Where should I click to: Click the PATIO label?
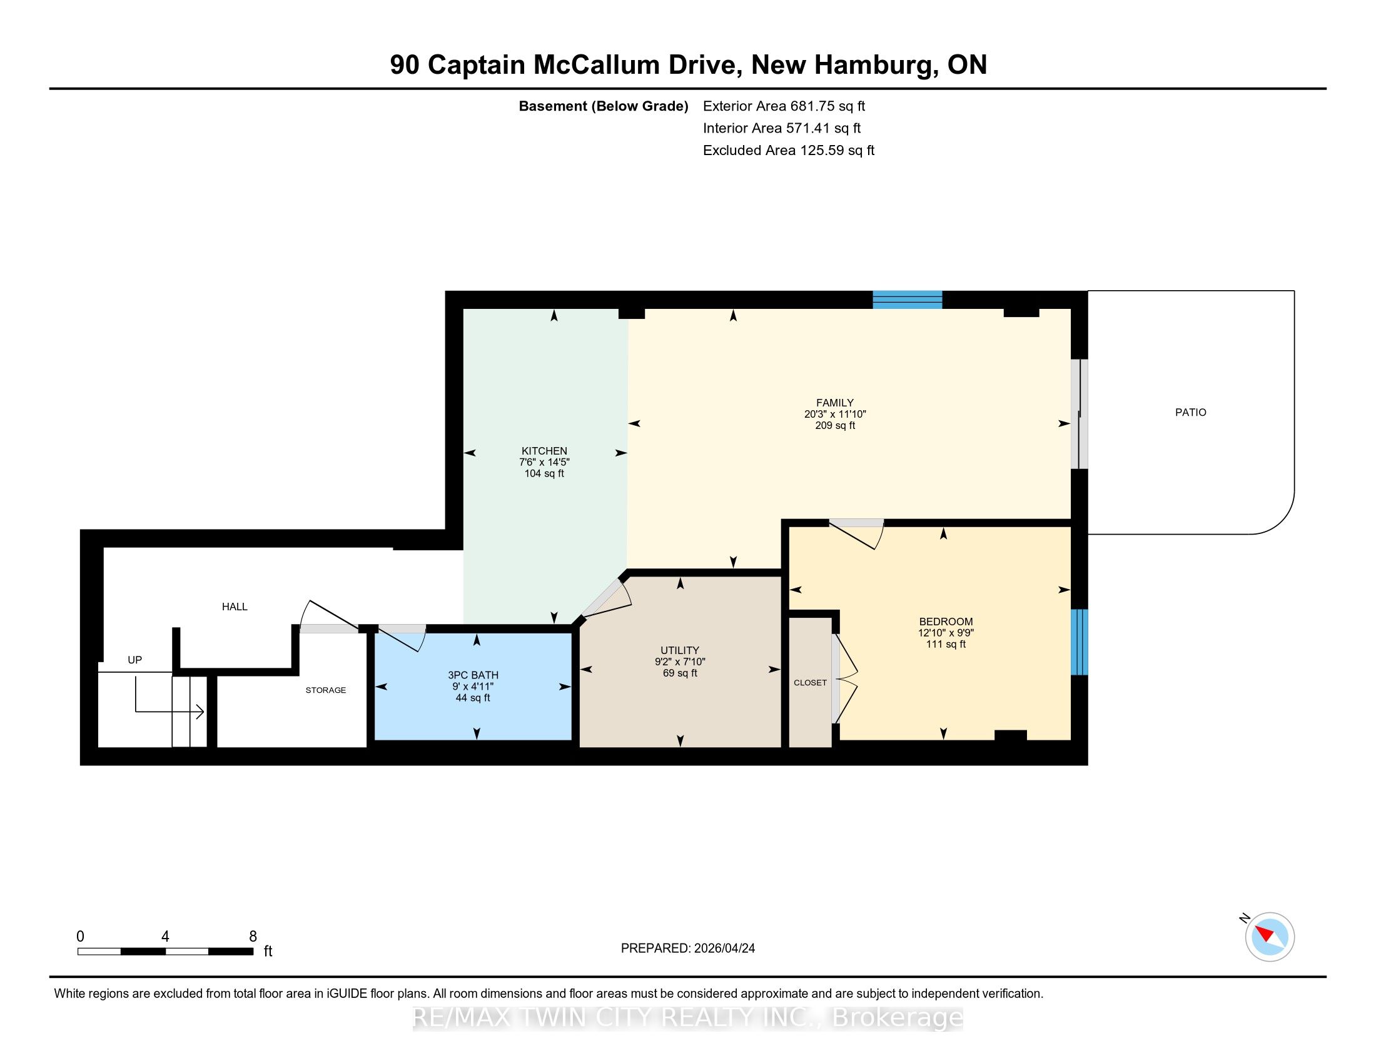coord(1190,413)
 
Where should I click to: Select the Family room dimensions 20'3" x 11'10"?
coord(835,415)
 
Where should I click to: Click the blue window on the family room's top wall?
coord(908,300)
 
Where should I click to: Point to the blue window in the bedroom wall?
coord(1080,642)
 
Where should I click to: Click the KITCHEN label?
coord(544,451)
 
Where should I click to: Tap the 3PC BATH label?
coord(473,675)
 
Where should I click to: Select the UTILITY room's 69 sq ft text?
coord(680,673)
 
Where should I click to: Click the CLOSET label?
coord(810,683)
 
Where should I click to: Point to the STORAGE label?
coord(326,690)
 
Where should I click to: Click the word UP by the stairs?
coord(135,660)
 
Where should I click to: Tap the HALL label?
coord(235,607)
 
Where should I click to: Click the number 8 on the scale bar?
coord(253,937)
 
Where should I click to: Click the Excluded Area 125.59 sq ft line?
coord(789,151)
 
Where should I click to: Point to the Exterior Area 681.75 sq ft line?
coord(784,106)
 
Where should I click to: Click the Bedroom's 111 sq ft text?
coord(946,644)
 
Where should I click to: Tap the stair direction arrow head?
coord(200,712)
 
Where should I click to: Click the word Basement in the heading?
coord(552,106)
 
